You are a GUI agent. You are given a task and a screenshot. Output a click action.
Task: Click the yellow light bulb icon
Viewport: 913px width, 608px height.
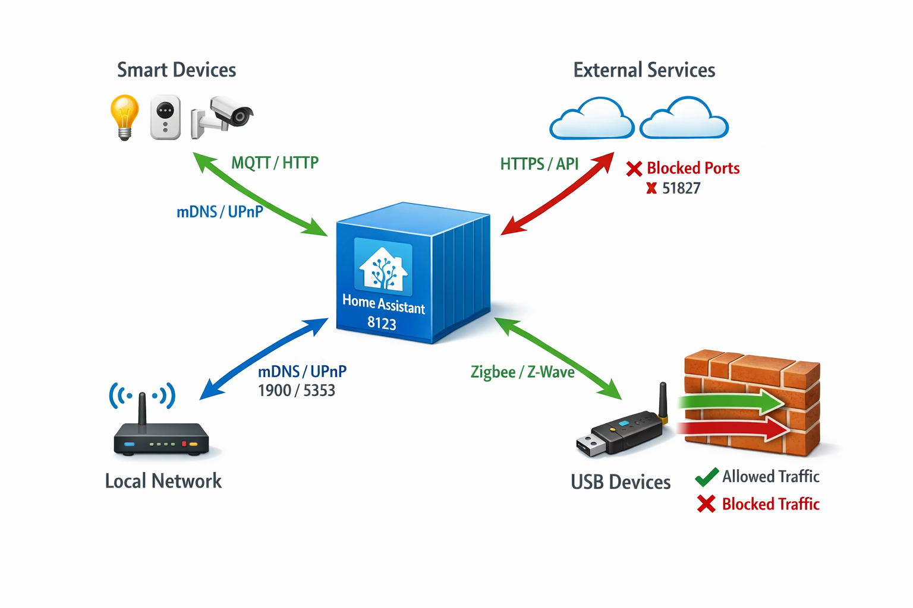point(124,115)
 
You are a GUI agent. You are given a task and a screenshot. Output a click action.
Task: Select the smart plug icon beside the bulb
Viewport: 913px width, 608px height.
point(165,117)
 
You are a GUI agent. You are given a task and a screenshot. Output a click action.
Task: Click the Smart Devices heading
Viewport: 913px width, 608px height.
point(177,70)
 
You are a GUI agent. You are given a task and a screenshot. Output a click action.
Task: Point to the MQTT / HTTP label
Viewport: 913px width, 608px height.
point(275,163)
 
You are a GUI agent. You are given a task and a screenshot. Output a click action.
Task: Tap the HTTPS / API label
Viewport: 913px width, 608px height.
point(539,164)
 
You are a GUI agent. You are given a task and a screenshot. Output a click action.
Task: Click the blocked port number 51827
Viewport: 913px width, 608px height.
point(681,189)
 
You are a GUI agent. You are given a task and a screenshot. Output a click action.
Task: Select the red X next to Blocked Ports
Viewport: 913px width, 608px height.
point(634,169)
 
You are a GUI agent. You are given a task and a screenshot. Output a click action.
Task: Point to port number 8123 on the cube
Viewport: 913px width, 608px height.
point(382,324)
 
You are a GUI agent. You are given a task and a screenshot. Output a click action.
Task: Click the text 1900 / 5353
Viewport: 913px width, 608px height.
point(296,391)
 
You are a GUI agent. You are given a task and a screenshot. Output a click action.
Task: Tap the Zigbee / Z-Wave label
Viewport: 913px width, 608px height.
point(522,372)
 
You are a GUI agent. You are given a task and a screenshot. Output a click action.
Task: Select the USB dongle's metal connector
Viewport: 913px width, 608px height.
point(590,445)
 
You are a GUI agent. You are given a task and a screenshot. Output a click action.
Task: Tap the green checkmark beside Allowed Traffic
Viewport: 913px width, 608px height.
point(707,477)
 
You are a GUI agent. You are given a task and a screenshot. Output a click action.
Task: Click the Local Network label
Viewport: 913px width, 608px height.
point(163,481)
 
